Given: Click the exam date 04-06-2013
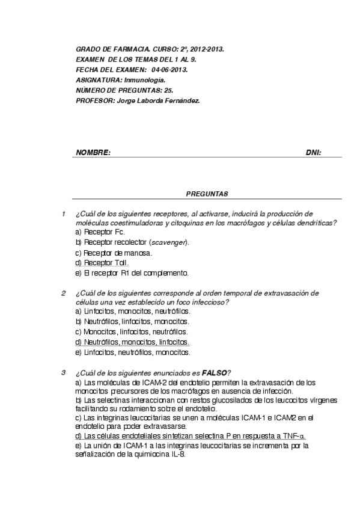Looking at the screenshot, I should [170, 70].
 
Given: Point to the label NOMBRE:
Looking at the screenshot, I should [93, 153].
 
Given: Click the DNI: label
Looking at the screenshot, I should [314, 153].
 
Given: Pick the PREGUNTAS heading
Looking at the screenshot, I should [207, 194].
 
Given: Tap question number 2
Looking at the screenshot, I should [63, 293].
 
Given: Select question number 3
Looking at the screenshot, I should [63, 373].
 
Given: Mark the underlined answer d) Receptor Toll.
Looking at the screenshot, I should [102, 262].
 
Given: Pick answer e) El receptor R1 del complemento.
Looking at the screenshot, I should [132, 272].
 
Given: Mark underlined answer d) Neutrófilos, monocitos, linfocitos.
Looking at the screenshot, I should [133, 342].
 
